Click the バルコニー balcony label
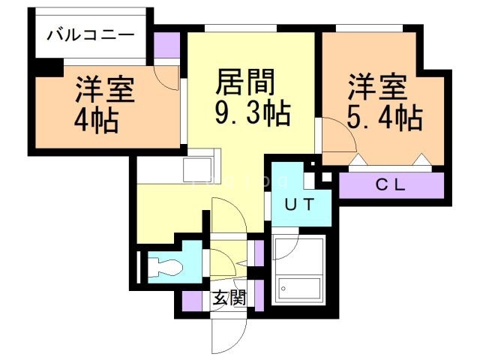[91, 35]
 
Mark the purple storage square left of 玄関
[192, 300]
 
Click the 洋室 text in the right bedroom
[377, 84]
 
